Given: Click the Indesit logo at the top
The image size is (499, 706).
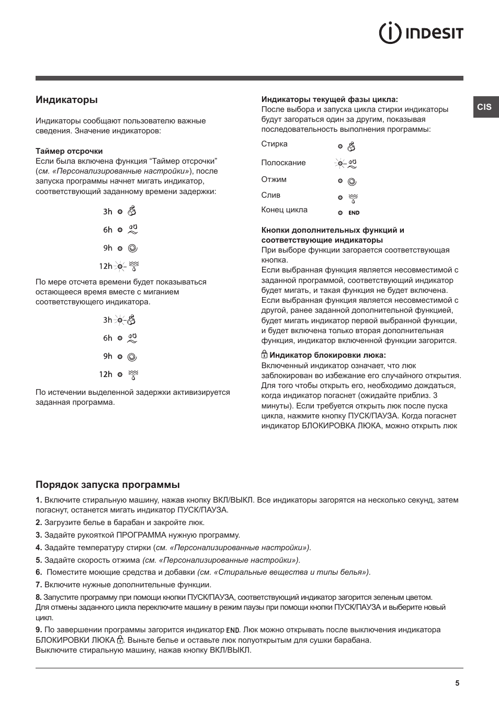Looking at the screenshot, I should [421, 33].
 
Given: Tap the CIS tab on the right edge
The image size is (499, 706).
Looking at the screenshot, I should [485, 107].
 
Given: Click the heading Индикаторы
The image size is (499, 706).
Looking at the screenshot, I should [66, 99].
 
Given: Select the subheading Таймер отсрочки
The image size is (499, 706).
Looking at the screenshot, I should [69, 151].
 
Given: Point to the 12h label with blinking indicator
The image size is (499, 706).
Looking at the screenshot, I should [106, 266].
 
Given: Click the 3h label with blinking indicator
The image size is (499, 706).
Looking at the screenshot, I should [107, 320].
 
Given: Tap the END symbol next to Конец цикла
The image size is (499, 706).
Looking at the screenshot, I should [354, 213].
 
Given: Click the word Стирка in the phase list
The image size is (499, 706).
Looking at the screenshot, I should [274, 144].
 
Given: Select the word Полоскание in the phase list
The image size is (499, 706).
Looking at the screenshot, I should [283, 163].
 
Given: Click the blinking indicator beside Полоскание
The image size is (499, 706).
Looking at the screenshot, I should [340, 164].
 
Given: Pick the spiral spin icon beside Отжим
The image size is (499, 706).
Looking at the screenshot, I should [353, 181].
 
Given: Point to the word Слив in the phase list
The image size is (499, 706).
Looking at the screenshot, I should [270, 195].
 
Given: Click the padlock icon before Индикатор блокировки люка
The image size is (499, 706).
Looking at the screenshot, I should [264, 355].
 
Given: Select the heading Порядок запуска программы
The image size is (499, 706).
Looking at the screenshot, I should [107, 485].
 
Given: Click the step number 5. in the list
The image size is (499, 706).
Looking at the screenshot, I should [39, 560].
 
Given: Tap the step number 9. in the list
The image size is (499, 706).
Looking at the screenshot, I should [39, 630].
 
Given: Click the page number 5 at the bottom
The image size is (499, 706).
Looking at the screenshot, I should [457, 683].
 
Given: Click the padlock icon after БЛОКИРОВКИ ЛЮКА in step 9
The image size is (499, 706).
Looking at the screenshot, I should [120, 640].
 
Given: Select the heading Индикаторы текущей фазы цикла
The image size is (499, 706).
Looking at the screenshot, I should [330, 99].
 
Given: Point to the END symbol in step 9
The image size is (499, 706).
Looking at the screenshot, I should [233, 630].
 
